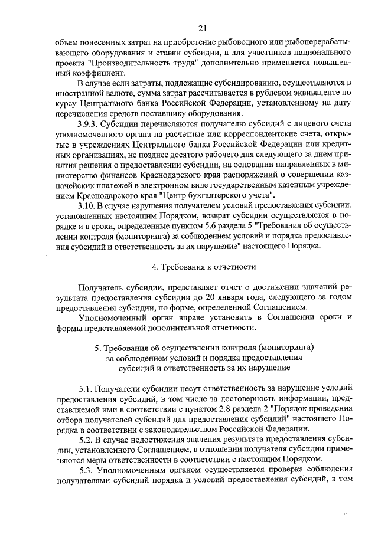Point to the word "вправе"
pyautogui.click(x=180, y=318)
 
